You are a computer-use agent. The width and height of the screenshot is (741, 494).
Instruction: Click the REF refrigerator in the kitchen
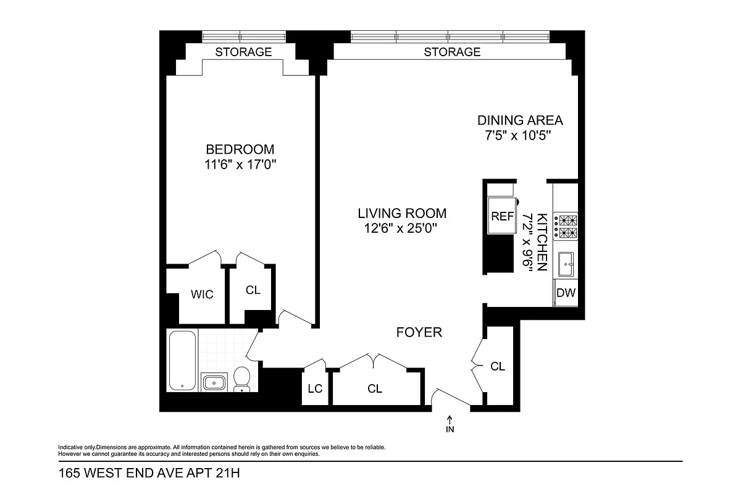502,216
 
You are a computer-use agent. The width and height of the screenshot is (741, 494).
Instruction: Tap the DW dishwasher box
566,293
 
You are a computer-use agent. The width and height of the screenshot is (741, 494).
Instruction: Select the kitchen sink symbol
566,264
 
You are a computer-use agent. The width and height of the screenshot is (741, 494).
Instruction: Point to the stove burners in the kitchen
566,226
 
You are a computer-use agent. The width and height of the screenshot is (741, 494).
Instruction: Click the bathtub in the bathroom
183,361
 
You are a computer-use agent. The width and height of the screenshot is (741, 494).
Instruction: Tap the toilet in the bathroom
242,378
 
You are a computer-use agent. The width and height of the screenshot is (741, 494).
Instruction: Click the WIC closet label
202,295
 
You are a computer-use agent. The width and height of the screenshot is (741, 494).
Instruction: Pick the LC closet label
315,388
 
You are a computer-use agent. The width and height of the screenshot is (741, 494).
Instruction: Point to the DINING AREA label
520,120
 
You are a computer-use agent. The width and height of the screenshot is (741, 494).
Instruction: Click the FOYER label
419,333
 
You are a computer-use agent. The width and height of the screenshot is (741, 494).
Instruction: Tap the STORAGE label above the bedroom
243,52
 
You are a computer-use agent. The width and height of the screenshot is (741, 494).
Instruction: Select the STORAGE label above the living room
452,52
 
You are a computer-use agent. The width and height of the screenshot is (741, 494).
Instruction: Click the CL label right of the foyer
498,366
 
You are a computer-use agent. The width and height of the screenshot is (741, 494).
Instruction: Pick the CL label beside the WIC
253,290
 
